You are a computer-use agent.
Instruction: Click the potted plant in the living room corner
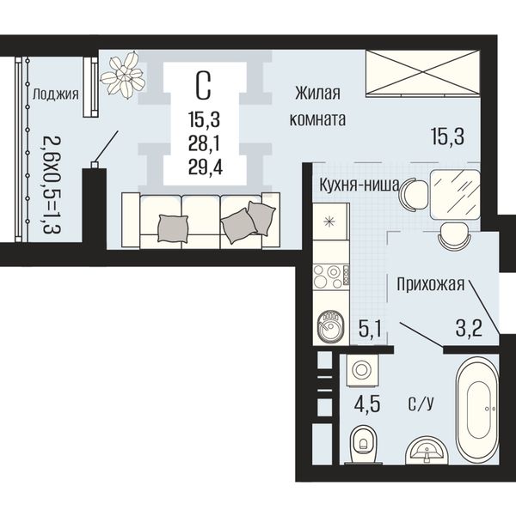coord(123,75)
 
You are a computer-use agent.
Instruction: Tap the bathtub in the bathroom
coord(476,409)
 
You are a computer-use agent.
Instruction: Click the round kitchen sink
coord(330,327)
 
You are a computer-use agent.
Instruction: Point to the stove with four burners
coord(331,276)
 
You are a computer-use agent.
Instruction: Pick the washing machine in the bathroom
coord(362,370)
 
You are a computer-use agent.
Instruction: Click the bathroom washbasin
coord(427,450)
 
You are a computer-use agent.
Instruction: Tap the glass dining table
coord(455,194)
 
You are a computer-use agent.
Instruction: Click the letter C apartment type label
coord(203,86)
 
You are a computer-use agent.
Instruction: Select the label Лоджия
coord(55,94)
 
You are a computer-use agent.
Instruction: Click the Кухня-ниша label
coord(359,185)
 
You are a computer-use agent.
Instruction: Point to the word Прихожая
coord(430,284)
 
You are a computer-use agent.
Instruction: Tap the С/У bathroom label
coord(421,404)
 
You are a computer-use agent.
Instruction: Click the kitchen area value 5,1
coord(370,330)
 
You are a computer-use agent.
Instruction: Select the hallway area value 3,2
coord(469,328)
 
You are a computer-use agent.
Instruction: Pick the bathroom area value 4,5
coord(367,404)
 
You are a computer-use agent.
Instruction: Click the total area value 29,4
coord(206,168)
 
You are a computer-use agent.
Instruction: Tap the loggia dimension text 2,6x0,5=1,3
coord(52,185)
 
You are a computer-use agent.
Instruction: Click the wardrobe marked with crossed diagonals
coord(423,73)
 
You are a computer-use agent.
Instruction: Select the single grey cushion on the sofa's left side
coord(173,228)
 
